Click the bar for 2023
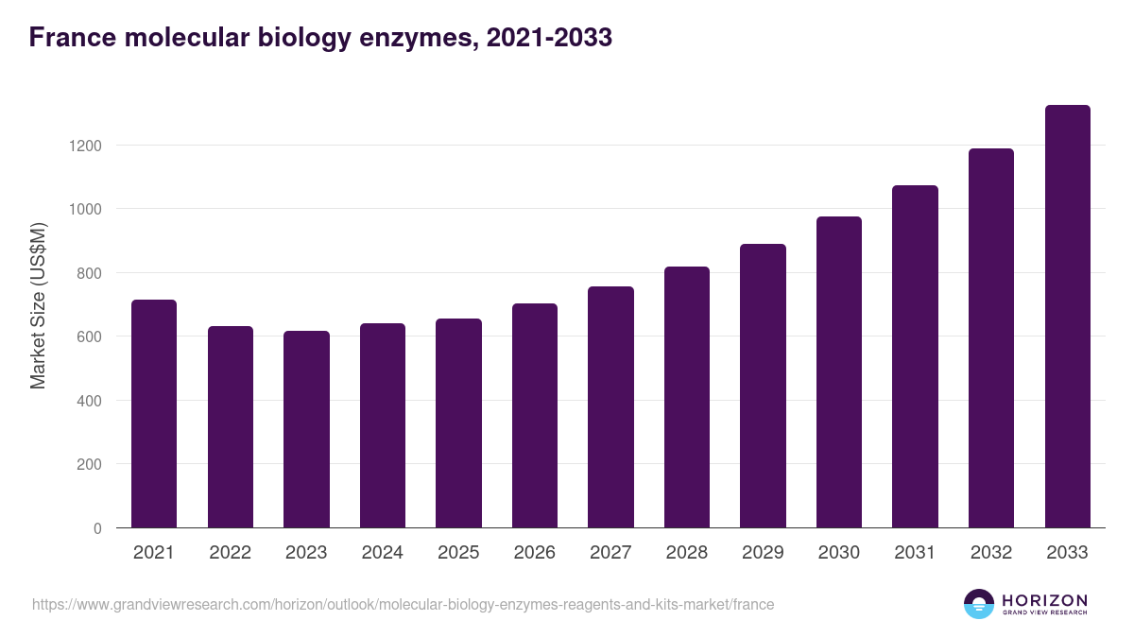[x=306, y=429]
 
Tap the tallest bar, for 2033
[x=1067, y=317]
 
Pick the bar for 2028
[x=687, y=397]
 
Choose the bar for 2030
[x=839, y=372]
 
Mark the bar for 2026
[x=535, y=416]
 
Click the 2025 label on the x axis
[x=458, y=553]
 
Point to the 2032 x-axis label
[x=991, y=553]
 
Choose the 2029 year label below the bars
[x=763, y=553]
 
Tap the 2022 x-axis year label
[x=231, y=553]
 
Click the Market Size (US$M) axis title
[x=38, y=305]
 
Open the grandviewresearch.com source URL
[x=403, y=604]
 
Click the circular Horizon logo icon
[x=979, y=604]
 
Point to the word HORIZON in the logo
[x=1044, y=600]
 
